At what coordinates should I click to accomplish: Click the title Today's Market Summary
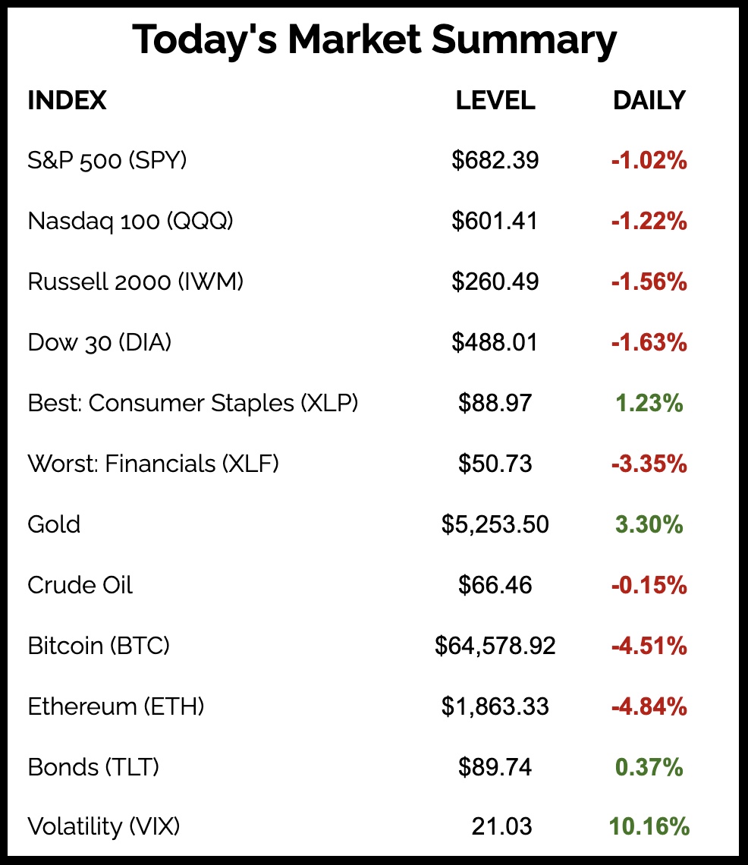click(374, 40)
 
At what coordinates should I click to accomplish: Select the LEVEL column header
click(495, 100)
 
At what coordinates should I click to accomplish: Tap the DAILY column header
click(649, 100)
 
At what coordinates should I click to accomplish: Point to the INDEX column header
click(67, 100)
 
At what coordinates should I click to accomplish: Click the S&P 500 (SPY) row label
click(107, 161)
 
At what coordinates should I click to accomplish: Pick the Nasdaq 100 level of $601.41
click(495, 221)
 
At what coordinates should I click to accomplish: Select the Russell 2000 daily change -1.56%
click(649, 282)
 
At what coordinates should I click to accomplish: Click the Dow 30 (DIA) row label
click(99, 342)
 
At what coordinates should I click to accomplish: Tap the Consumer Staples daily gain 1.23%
click(649, 404)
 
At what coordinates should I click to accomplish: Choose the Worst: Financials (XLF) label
click(153, 464)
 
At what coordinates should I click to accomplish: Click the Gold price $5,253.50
click(495, 524)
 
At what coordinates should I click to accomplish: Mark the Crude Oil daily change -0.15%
click(649, 586)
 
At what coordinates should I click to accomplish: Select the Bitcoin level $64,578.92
click(495, 646)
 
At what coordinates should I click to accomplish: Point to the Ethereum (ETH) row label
click(116, 706)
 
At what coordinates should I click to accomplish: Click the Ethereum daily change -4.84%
click(649, 707)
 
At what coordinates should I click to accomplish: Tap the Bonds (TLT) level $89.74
click(495, 767)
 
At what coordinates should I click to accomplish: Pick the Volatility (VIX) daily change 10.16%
click(649, 826)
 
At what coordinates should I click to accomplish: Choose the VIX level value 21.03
click(501, 826)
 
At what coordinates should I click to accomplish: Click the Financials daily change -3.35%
click(649, 464)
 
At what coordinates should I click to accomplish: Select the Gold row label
click(54, 524)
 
